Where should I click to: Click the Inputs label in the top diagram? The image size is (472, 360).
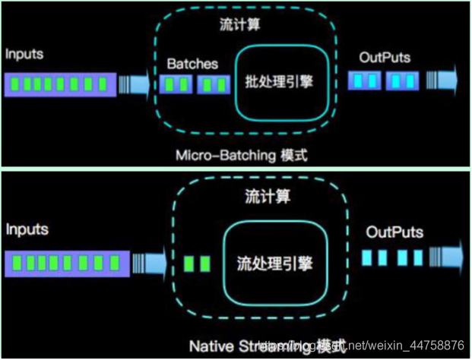point(24,55)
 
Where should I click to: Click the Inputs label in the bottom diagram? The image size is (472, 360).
point(27,228)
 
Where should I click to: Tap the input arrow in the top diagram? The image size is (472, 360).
point(137,83)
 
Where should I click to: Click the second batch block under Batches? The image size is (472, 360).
point(213,83)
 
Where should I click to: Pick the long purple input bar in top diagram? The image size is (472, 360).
point(59,84)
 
